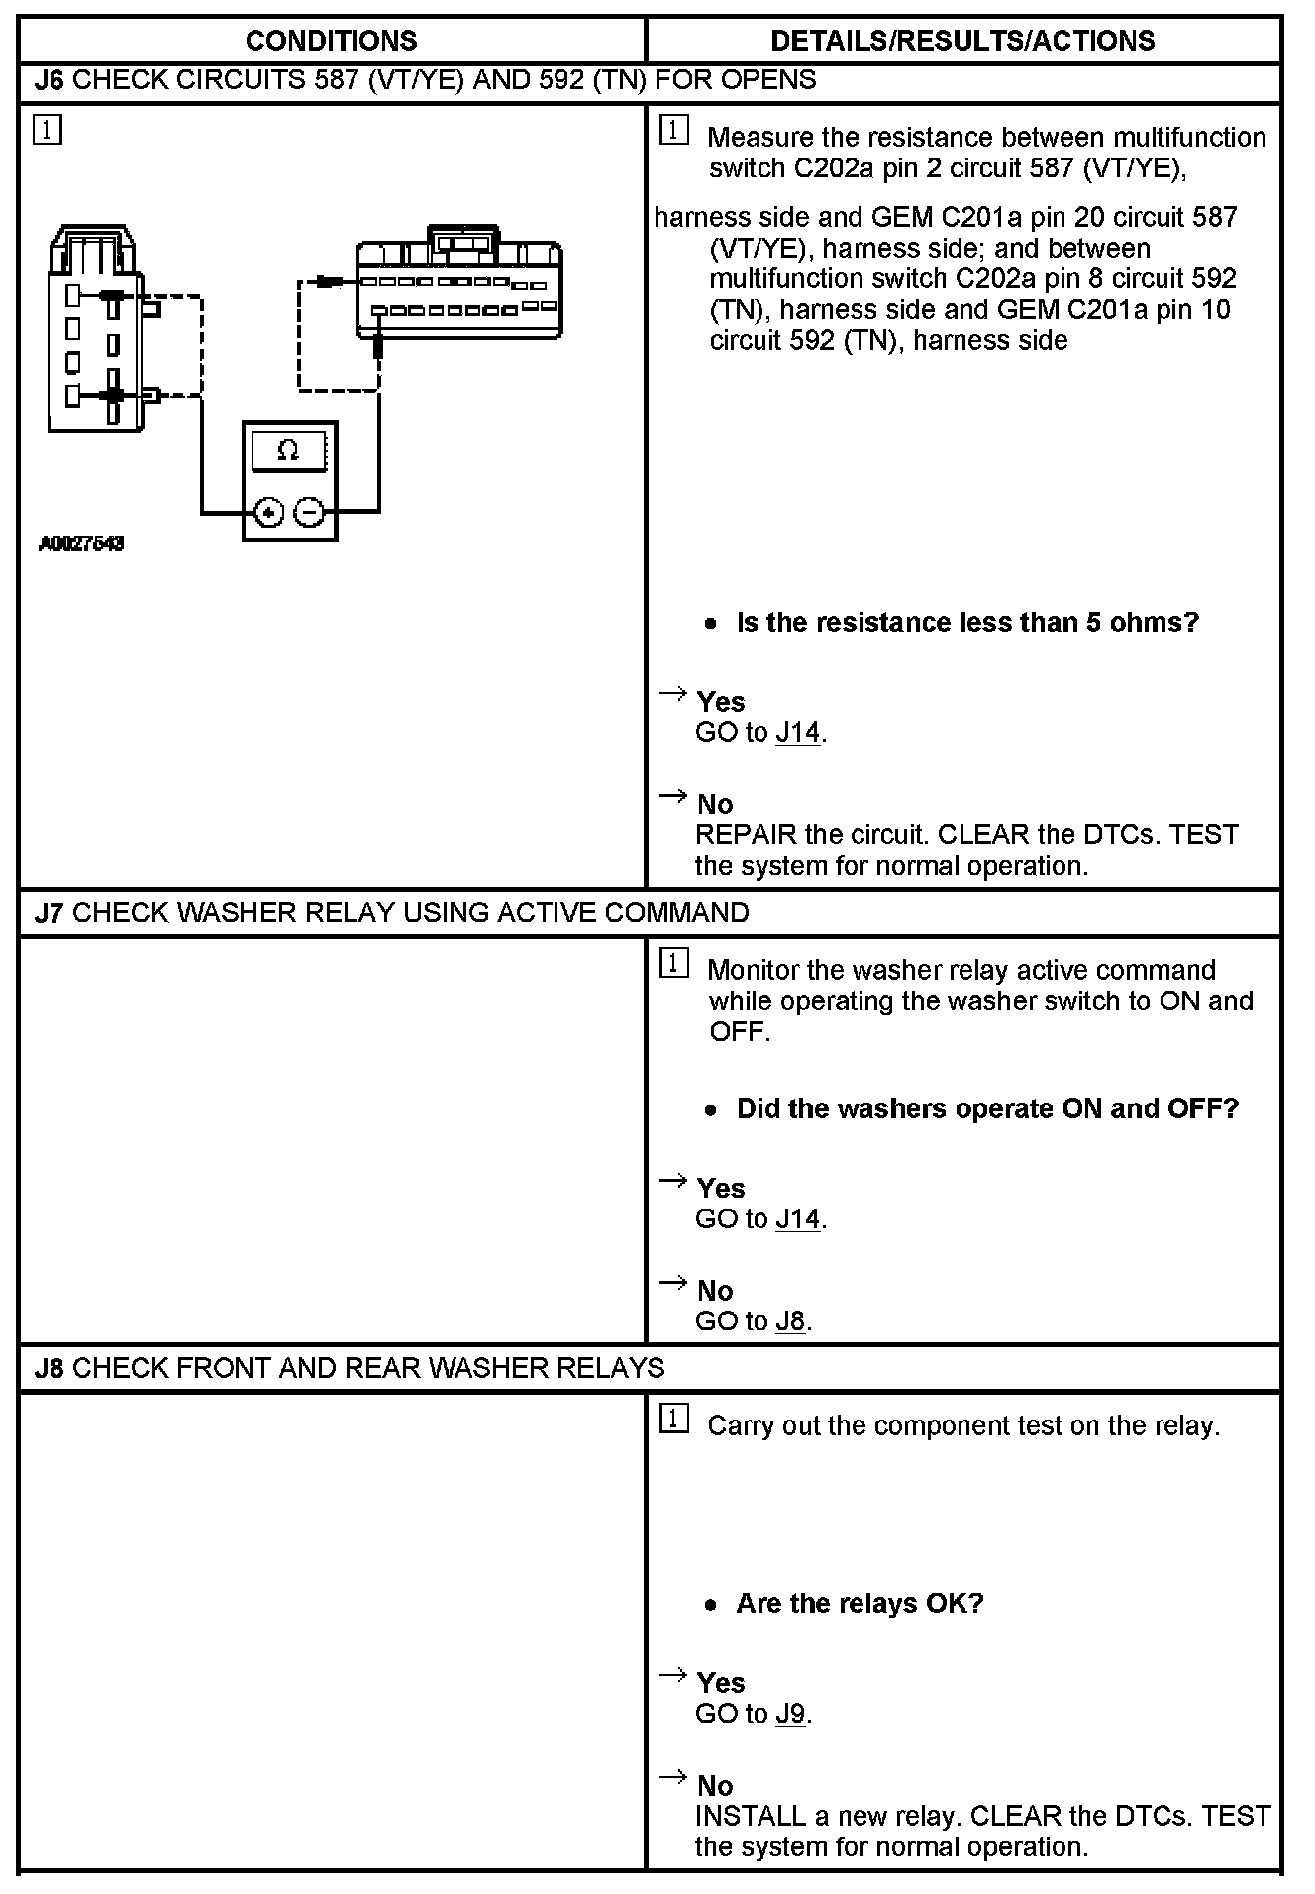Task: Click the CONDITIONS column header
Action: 331,41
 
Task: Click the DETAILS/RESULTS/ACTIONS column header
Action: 962,41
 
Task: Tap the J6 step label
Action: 49,80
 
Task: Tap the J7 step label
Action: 49,912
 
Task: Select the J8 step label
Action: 49,1368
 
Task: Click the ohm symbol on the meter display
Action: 288,451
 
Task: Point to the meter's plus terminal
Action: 269,512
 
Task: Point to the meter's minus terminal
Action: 310,512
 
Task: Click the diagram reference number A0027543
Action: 81,543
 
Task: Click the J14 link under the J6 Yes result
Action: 798,733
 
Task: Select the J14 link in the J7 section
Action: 798,1218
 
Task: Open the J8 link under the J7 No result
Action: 790,1321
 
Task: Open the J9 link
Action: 790,1714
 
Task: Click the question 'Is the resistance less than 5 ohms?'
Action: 967,623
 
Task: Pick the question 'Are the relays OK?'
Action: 860,1604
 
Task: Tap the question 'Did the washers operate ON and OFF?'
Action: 987,1108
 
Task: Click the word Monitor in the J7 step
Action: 753,970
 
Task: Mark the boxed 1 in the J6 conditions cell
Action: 47,130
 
